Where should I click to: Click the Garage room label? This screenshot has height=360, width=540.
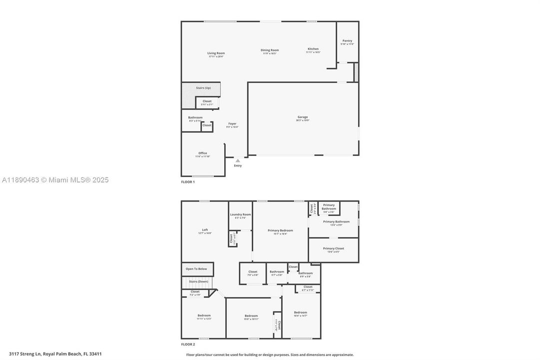point(303,117)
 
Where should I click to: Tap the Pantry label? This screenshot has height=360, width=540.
point(347,41)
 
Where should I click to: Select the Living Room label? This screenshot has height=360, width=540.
point(216,53)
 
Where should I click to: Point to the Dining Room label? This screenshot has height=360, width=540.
point(270,50)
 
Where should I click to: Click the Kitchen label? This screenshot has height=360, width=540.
point(313,49)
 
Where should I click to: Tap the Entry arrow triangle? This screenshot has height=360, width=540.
point(238,160)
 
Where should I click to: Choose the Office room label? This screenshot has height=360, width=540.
point(202,153)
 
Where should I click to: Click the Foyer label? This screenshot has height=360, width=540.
point(232,123)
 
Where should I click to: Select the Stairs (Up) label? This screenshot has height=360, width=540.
point(203,88)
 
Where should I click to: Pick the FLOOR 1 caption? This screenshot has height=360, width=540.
point(188,182)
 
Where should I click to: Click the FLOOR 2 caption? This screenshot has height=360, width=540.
point(188,344)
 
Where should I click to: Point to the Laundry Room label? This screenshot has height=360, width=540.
point(240,214)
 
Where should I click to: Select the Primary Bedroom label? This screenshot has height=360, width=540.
point(280,230)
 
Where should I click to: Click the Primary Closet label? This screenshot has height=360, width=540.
point(333,248)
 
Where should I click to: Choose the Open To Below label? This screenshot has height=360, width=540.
point(196,269)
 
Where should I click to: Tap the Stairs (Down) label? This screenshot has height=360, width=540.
point(198,281)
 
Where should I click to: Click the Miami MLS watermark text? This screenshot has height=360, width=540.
point(54,180)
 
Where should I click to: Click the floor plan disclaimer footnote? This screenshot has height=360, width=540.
point(270,354)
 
